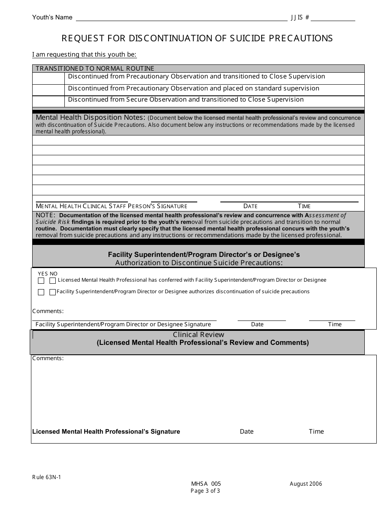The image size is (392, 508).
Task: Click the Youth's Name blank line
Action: tap(182, 18)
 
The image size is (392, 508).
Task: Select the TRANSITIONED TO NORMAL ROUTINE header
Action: tap(95, 69)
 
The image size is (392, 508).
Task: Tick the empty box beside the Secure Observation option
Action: tap(48, 100)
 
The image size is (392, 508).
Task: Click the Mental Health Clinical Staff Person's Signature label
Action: tap(111, 206)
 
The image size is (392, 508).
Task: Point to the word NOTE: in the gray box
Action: tap(45, 215)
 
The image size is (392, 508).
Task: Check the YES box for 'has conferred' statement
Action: tap(41, 281)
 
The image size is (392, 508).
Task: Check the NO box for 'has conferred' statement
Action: tap(52, 281)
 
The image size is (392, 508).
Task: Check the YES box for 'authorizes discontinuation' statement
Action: tap(41, 292)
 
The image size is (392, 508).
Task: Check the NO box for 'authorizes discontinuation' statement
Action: tap(52, 292)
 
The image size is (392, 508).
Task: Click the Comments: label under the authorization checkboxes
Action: tap(48, 311)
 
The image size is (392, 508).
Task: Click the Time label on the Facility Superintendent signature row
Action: tap(335, 325)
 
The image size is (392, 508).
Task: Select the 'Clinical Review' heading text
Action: tap(198, 335)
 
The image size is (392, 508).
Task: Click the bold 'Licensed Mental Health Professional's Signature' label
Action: tap(106, 432)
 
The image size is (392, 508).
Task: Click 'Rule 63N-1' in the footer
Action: tap(47, 477)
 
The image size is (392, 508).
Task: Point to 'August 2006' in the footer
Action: tap(306, 484)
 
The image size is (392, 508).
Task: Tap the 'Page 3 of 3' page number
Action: tap(205, 491)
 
